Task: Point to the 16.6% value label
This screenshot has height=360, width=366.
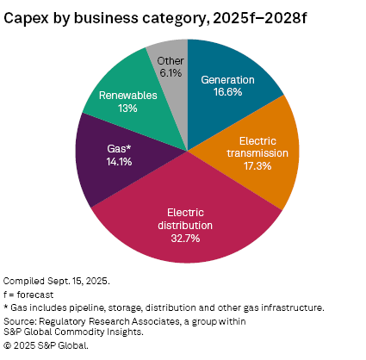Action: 227,94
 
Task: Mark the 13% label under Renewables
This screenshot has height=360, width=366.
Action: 127,108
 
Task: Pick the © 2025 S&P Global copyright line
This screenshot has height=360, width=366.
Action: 46,345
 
